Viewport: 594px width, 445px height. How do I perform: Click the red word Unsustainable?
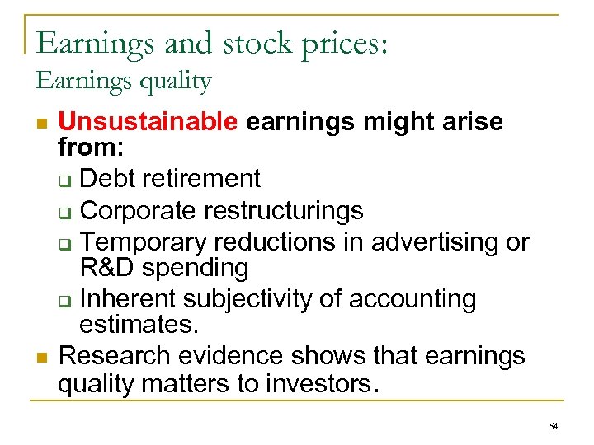click(x=148, y=123)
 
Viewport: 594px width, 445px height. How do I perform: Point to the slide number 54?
click(x=552, y=425)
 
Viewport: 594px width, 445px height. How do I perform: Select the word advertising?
click(x=436, y=243)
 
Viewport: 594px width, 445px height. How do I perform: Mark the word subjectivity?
click(x=259, y=299)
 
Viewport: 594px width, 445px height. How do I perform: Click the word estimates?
click(x=139, y=324)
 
